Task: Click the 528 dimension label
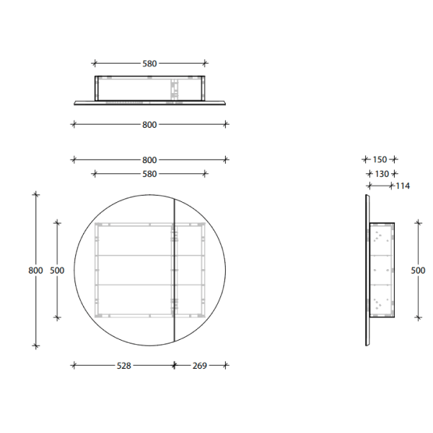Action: pyautogui.click(x=123, y=366)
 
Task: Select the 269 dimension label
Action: pyautogui.click(x=200, y=366)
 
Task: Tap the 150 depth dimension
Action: pyautogui.click(x=380, y=159)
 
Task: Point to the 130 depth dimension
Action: pyautogui.click(x=382, y=173)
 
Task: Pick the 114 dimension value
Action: pyautogui.click(x=402, y=186)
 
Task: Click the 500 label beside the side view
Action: pyautogui.click(x=417, y=270)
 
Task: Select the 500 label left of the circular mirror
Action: pyautogui.click(x=57, y=270)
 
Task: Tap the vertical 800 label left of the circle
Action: pyautogui.click(x=35, y=270)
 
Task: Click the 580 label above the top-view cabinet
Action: pyautogui.click(x=149, y=64)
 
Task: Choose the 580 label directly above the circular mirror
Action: pyautogui.click(x=149, y=173)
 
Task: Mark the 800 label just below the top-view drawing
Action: pyautogui.click(x=149, y=124)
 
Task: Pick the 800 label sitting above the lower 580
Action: pyautogui.click(x=149, y=159)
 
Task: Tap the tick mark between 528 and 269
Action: pyautogui.click(x=174, y=366)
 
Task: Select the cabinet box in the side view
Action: pyautogui.click(x=382, y=270)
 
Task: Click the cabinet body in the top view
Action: pyautogui.click(x=149, y=87)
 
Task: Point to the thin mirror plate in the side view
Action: pyautogui.click(x=367, y=270)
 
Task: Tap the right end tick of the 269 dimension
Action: pyautogui.click(x=226, y=366)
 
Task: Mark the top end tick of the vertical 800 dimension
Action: pyautogui.click(x=35, y=194)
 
